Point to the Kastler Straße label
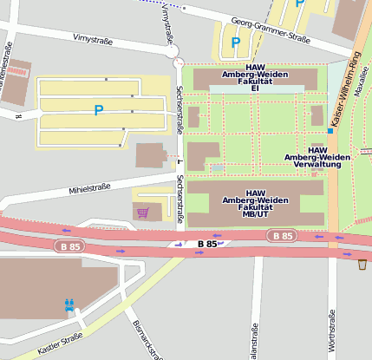(60, 344)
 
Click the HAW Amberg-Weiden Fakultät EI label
(255, 77)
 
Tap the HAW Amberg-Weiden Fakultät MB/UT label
(255, 202)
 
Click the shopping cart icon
(142, 212)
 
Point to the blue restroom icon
(69, 305)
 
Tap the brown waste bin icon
(362, 265)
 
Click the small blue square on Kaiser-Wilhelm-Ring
(330, 131)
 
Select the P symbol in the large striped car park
(99, 110)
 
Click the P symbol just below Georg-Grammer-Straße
(236, 42)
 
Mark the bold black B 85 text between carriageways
(206, 244)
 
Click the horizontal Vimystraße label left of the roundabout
(95, 39)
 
